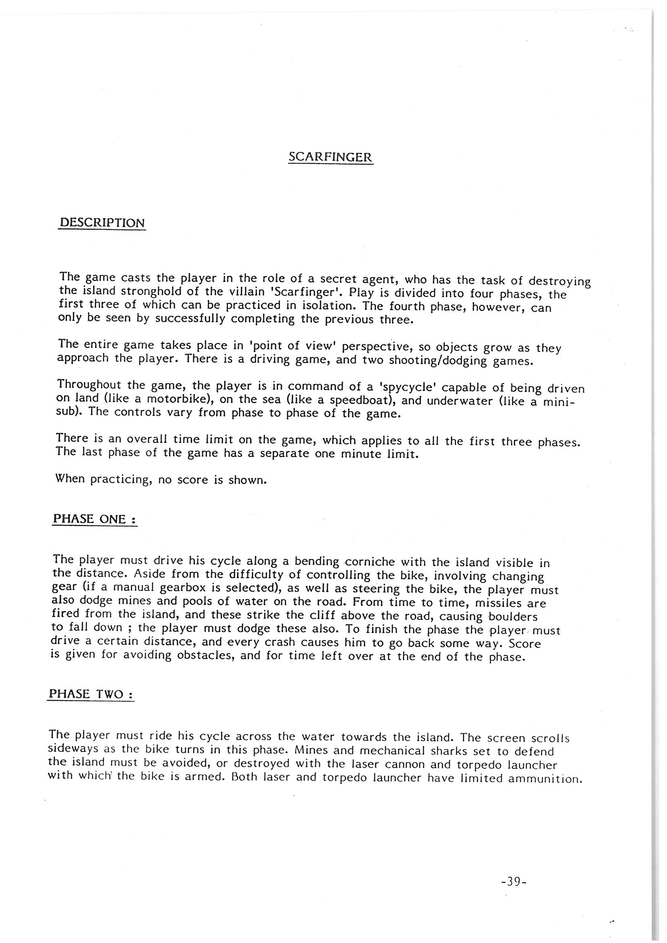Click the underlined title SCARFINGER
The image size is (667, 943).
coord(330,157)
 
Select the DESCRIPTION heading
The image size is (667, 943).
coord(102,223)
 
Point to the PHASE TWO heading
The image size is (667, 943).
coord(91,694)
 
